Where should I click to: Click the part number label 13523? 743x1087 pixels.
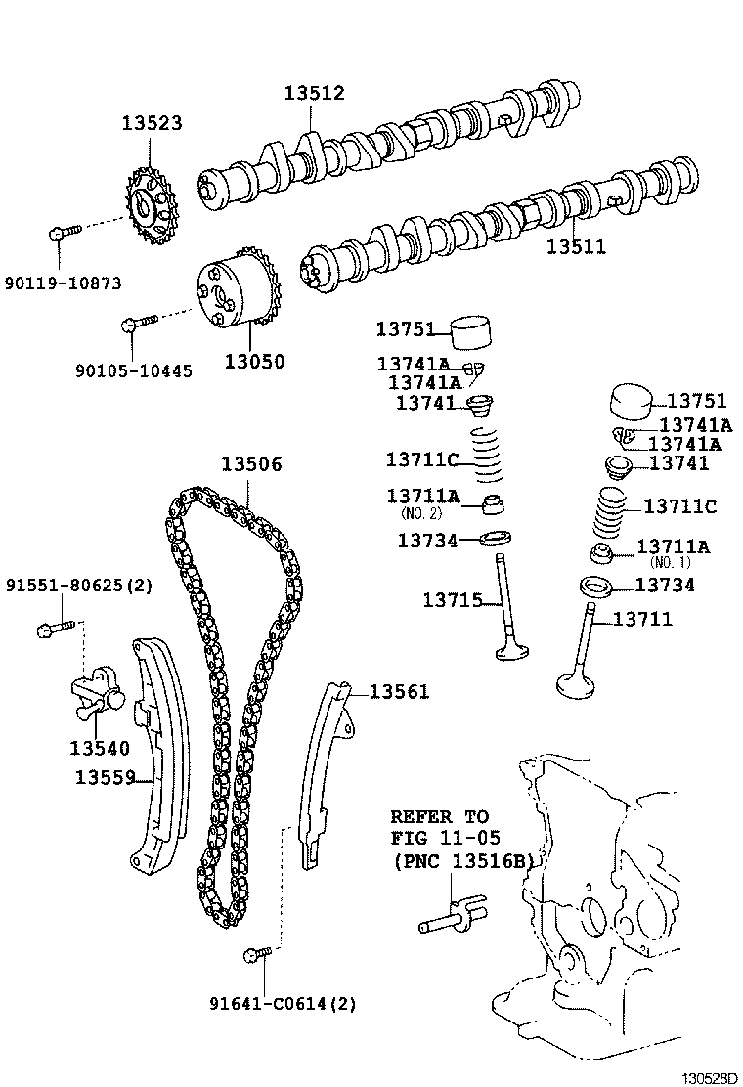[152, 124]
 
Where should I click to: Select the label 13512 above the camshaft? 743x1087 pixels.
[314, 93]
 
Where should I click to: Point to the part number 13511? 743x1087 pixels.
[576, 247]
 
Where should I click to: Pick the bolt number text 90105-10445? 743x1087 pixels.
[133, 370]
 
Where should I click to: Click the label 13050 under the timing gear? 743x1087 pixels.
[254, 362]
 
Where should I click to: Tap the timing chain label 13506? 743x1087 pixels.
[250, 464]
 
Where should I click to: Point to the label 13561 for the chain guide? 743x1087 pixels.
[398, 692]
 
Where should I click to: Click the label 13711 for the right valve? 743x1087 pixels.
[642, 619]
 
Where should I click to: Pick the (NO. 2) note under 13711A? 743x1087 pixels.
[421, 513]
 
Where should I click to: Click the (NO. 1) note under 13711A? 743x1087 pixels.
[671, 563]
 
